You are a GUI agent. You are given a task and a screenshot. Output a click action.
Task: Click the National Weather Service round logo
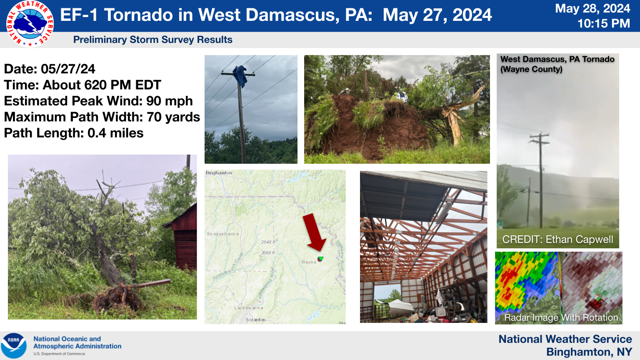point(30,23)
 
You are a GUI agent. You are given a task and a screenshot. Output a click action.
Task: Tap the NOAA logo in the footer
point(14,345)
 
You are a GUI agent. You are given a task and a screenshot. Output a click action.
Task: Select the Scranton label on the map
point(255,320)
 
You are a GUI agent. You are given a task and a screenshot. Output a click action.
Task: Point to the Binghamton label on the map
point(219,173)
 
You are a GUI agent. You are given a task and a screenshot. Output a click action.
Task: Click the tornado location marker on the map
point(320,259)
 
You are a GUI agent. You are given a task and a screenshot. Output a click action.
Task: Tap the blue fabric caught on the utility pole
point(240,75)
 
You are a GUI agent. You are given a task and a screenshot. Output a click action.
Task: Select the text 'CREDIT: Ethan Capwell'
point(557,240)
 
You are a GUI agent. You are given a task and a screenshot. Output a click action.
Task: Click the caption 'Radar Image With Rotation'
point(561,317)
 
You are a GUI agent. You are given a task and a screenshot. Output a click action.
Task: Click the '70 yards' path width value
point(173,117)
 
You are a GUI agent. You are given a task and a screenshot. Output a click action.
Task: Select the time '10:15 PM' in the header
point(603,23)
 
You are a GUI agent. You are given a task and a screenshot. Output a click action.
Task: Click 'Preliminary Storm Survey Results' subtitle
point(152,40)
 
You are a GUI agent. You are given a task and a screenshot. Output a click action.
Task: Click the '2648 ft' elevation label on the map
point(267,242)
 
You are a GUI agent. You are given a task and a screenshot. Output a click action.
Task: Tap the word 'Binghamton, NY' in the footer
point(589,352)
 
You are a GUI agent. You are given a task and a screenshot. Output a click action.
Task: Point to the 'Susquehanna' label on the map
point(223,234)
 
